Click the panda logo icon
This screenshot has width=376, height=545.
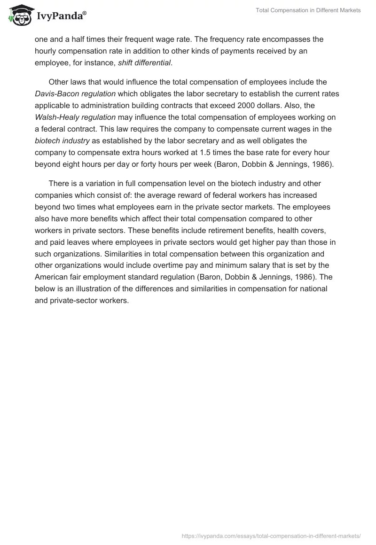[x=19, y=15]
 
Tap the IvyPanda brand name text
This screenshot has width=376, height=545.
[x=61, y=16]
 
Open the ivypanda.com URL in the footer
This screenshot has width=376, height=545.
[x=271, y=535]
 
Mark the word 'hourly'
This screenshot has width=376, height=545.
[x=46, y=51]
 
